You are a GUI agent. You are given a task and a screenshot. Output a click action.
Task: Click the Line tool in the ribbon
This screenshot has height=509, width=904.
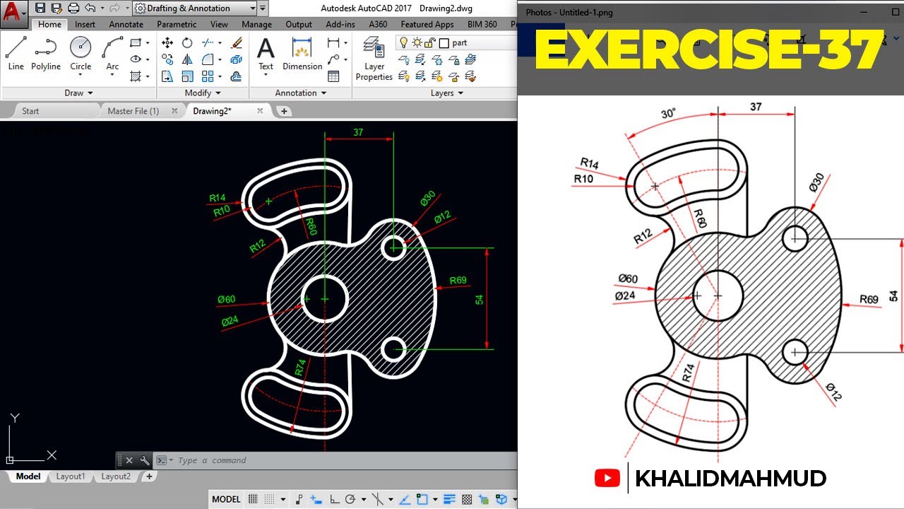tap(16, 54)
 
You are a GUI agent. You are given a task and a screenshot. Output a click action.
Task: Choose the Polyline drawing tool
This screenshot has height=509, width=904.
tap(46, 54)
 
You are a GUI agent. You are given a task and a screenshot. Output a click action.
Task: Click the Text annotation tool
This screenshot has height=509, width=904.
tap(266, 54)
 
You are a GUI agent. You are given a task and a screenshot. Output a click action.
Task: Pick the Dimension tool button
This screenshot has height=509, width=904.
tap(302, 54)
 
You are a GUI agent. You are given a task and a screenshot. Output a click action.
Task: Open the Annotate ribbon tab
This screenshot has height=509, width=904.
tap(126, 24)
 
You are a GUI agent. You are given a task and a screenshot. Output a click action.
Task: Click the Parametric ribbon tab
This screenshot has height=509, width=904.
tap(177, 24)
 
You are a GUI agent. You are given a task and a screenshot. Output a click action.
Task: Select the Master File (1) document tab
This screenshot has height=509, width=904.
tap(133, 111)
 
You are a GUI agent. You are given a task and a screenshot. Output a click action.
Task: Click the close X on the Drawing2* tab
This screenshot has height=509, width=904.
tap(260, 111)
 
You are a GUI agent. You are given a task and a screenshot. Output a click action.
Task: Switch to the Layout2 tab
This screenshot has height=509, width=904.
tap(116, 476)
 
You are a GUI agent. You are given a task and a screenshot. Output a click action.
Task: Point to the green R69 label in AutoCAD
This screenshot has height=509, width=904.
tap(458, 280)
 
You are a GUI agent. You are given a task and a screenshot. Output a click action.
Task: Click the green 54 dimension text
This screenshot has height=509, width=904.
tap(480, 299)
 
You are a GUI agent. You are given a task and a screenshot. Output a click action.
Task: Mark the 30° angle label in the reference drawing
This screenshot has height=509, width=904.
tap(667, 113)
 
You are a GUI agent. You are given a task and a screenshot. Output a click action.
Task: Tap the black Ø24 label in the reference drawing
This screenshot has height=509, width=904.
tap(625, 296)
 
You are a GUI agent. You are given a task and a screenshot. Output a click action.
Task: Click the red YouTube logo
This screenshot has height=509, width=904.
tap(607, 479)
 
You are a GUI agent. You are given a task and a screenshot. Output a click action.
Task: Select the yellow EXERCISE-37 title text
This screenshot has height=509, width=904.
tap(709, 50)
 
